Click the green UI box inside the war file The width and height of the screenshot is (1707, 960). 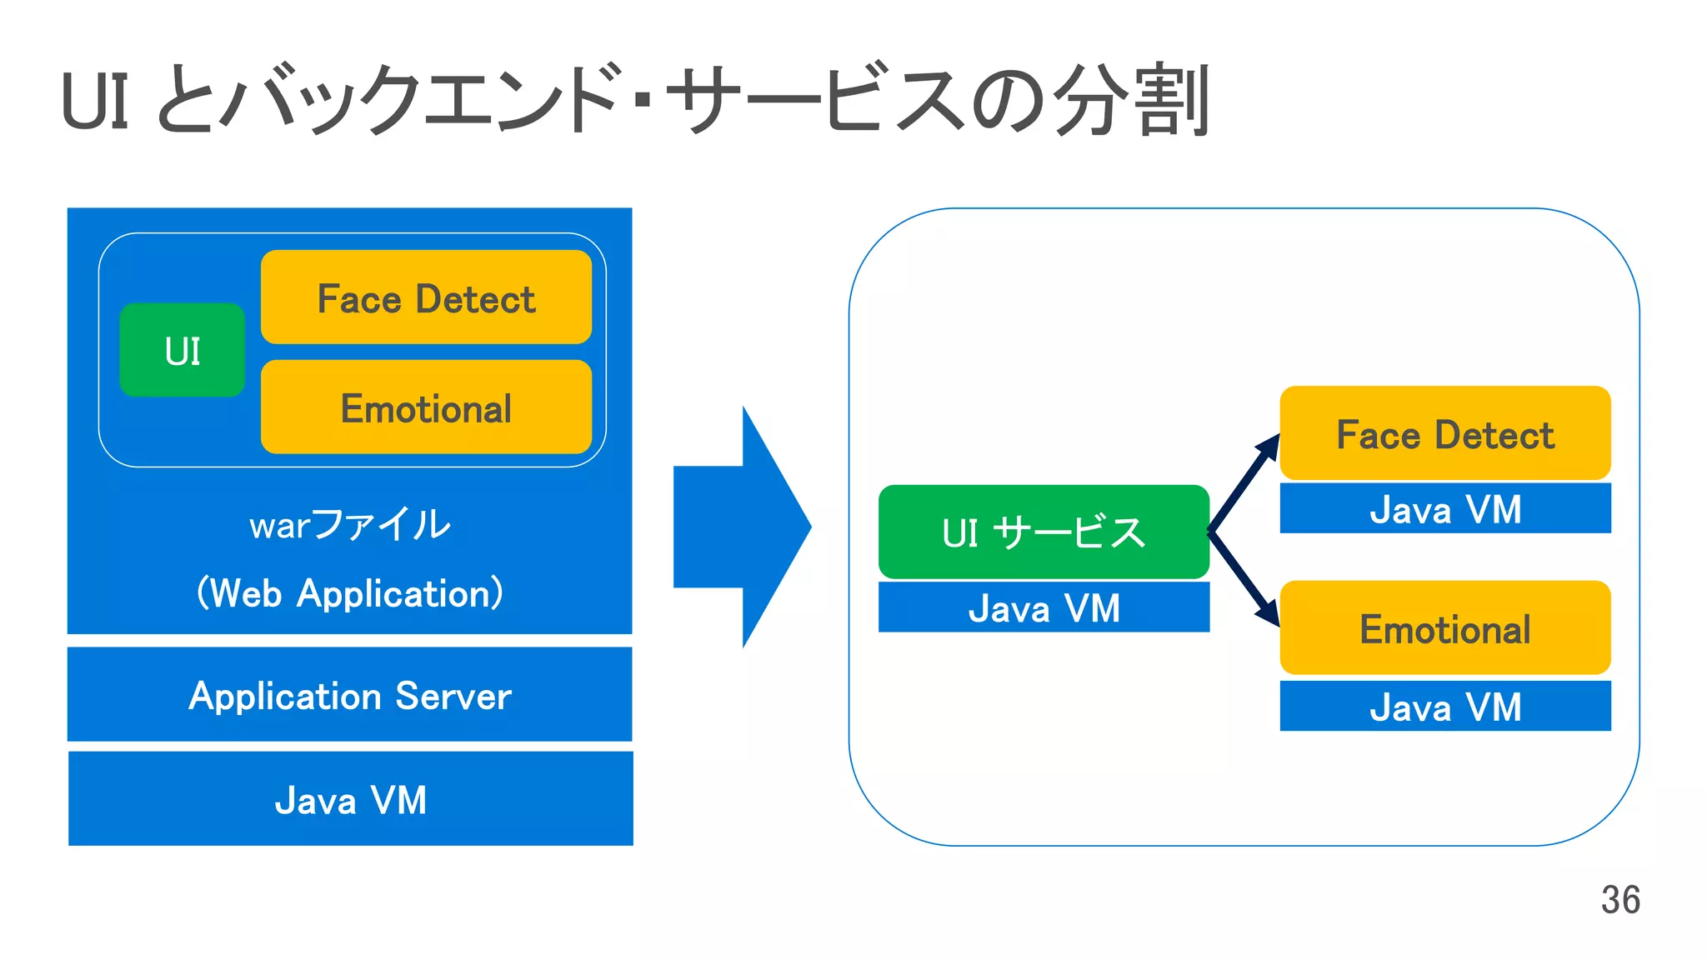pos(182,350)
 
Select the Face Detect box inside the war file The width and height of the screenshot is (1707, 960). pos(426,297)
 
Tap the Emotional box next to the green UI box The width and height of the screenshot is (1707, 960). pos(426,407)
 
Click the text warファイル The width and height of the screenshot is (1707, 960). pos(349,525)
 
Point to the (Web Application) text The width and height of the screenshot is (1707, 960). pos(349,593)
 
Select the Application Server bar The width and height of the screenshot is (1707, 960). pos(349,695)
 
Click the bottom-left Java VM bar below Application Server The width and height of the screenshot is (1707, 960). pos(350,799)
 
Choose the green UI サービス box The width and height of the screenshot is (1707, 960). pos(1044,532)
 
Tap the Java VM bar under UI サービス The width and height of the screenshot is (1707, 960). pos(1044,607)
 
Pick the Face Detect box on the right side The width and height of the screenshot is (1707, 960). pos(1444,433)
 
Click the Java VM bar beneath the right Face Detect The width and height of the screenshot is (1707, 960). pos(1444,508)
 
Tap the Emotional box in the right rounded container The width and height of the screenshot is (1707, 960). pos(1444,628)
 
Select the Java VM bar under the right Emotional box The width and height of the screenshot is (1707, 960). pos(1444,707)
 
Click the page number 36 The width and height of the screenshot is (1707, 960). pos(1619,900)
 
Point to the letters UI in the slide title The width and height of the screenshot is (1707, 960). pos(95,102)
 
